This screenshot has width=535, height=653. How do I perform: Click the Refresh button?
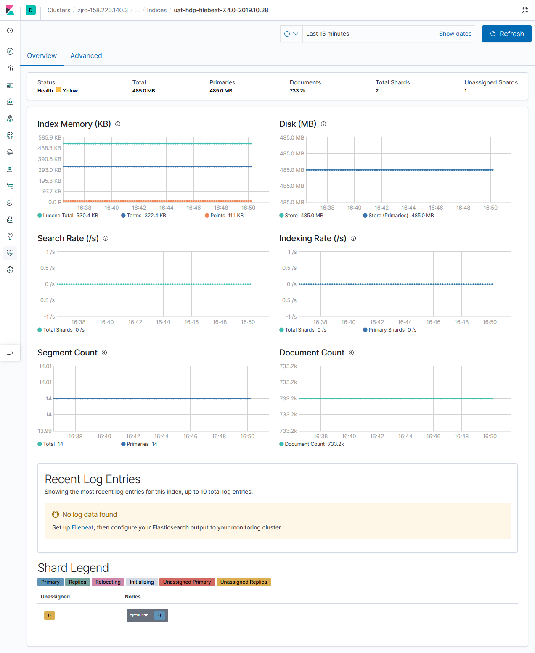(506, 34)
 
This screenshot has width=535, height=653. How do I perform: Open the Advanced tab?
(86, 55)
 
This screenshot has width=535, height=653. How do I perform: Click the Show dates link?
(455, 34)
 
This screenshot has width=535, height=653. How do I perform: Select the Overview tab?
(42, 55)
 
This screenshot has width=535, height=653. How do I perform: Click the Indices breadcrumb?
(156, 10)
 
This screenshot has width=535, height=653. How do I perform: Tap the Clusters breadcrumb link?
(59, 10)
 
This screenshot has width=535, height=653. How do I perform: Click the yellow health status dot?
(58, 90)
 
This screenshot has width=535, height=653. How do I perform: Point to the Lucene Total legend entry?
(58, 216)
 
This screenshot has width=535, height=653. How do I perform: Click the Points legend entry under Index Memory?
(217, 216)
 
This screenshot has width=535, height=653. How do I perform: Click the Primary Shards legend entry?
(386, 330)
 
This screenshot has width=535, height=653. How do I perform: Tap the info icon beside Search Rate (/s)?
(106, 238)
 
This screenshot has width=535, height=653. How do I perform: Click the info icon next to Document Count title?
(351, 353)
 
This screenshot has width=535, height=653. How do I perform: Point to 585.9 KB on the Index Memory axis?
(50, 137)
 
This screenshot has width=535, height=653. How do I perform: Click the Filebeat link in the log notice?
(82, 527)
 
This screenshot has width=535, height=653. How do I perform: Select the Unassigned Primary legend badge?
(187, 582)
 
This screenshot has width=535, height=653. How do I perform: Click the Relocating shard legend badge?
(108, 582)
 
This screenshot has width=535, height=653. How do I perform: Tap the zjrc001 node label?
(138, 615)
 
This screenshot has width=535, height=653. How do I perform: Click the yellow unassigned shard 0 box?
(49, 616)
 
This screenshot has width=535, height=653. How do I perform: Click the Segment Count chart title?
(67, 353)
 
